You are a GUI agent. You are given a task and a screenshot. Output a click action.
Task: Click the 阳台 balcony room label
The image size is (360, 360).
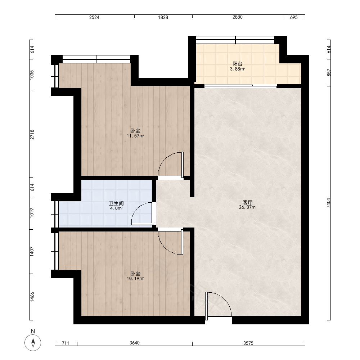click(237, 64)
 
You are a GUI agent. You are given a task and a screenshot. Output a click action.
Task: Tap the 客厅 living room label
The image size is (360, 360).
click(248, 202)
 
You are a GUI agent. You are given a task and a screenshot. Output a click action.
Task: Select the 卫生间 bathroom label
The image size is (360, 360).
click(116, 203)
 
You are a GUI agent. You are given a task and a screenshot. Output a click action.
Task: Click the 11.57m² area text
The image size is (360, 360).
click(135, 136)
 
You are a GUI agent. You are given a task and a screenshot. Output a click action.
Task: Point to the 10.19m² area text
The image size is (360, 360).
click(135, 279)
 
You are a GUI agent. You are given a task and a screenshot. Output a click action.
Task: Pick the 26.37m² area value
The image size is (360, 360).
click(248, 207)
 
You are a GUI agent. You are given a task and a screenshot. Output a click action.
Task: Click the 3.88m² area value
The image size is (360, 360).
click(237, 69)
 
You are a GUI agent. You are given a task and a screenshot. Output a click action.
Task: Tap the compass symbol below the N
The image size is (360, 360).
click(33, 343)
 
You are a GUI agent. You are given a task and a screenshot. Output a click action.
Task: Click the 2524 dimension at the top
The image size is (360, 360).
click(94, 17)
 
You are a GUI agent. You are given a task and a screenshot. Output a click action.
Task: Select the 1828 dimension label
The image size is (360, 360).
click(163, 17)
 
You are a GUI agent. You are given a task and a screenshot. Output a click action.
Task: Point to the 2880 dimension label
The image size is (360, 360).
click(237, 17)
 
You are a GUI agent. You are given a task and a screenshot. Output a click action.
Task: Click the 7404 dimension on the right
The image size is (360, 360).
click(329, 203)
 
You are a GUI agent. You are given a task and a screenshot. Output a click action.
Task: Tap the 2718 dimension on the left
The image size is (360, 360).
click(32, 135)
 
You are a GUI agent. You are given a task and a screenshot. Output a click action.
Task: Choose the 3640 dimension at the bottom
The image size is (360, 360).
click(135, 343)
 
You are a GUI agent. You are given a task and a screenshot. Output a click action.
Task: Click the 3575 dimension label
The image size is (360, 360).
click(248, 343)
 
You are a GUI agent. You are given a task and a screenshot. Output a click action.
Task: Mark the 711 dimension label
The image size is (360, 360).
click(66, 343)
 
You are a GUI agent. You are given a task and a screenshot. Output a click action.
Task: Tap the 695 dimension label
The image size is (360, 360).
click(294, 17)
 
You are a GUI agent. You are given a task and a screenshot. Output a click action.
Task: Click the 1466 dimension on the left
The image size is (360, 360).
click(32, 297)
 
